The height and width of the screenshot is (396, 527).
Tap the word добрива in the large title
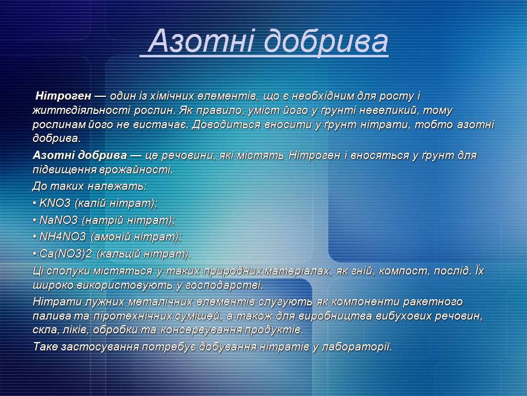click(x=326, y=42)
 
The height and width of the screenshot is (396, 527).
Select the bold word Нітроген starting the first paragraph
click(x=63, y=96)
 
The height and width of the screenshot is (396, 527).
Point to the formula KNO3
click(x=55, y=203)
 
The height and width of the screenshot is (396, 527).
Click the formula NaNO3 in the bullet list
click(x=59, y=220)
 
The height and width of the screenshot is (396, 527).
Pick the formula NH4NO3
click(x=63, y=237)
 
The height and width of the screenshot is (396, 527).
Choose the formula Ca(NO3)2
click(x=65, y=254)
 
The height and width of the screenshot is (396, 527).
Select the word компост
click(x=404, y=271)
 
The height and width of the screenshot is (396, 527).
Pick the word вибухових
click(x=403, y=316)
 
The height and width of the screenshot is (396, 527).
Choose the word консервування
click(x=201, y=329)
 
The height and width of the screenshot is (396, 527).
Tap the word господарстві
click(x=223, y=285)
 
